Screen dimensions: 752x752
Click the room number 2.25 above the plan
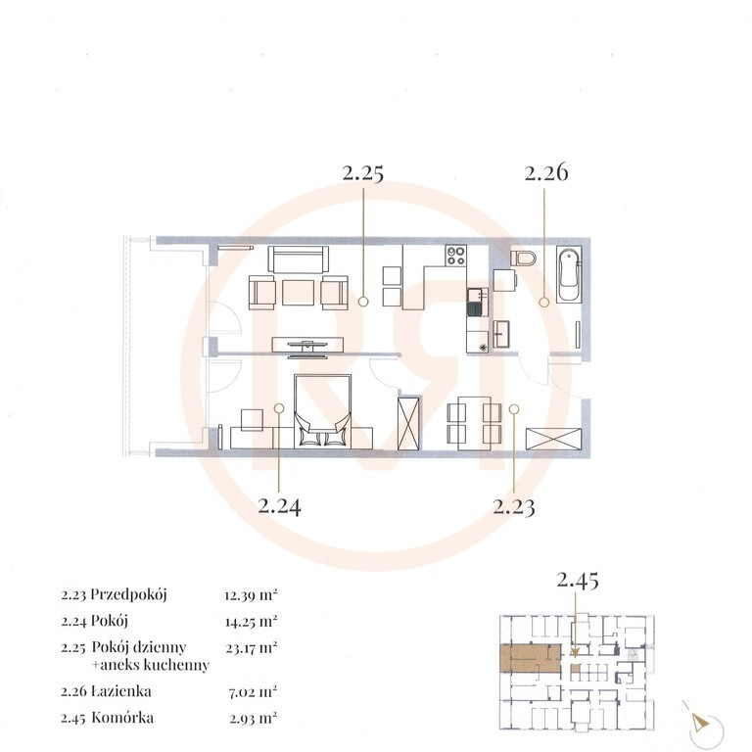click(363, 172)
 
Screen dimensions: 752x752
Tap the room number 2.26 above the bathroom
click(546, 172)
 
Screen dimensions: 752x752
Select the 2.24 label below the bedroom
click(279, 506)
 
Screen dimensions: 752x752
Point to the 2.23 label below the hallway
click(514, 506)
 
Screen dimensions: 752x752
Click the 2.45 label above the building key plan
click(578, 581)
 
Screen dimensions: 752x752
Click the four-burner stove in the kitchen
click(455, 256)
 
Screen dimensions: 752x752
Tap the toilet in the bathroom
click(524, 258)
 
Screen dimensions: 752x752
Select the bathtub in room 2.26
click(569, 274)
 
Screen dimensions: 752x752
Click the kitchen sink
click(475, 302)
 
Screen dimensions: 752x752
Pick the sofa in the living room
click(299, 259)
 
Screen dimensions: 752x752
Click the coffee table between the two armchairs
click(299, 293)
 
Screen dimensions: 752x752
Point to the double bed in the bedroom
click(323, 411)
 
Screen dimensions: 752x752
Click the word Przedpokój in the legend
click(128, 595)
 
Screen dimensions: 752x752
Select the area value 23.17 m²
click(252, 648)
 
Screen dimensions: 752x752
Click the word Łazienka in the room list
click(121, 691)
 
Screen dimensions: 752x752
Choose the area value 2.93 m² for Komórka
click(254, 719)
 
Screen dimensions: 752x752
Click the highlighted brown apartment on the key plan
click(530, 658)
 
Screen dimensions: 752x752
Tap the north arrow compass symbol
click(700, 723)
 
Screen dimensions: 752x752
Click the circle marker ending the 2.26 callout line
click(543, 303)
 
